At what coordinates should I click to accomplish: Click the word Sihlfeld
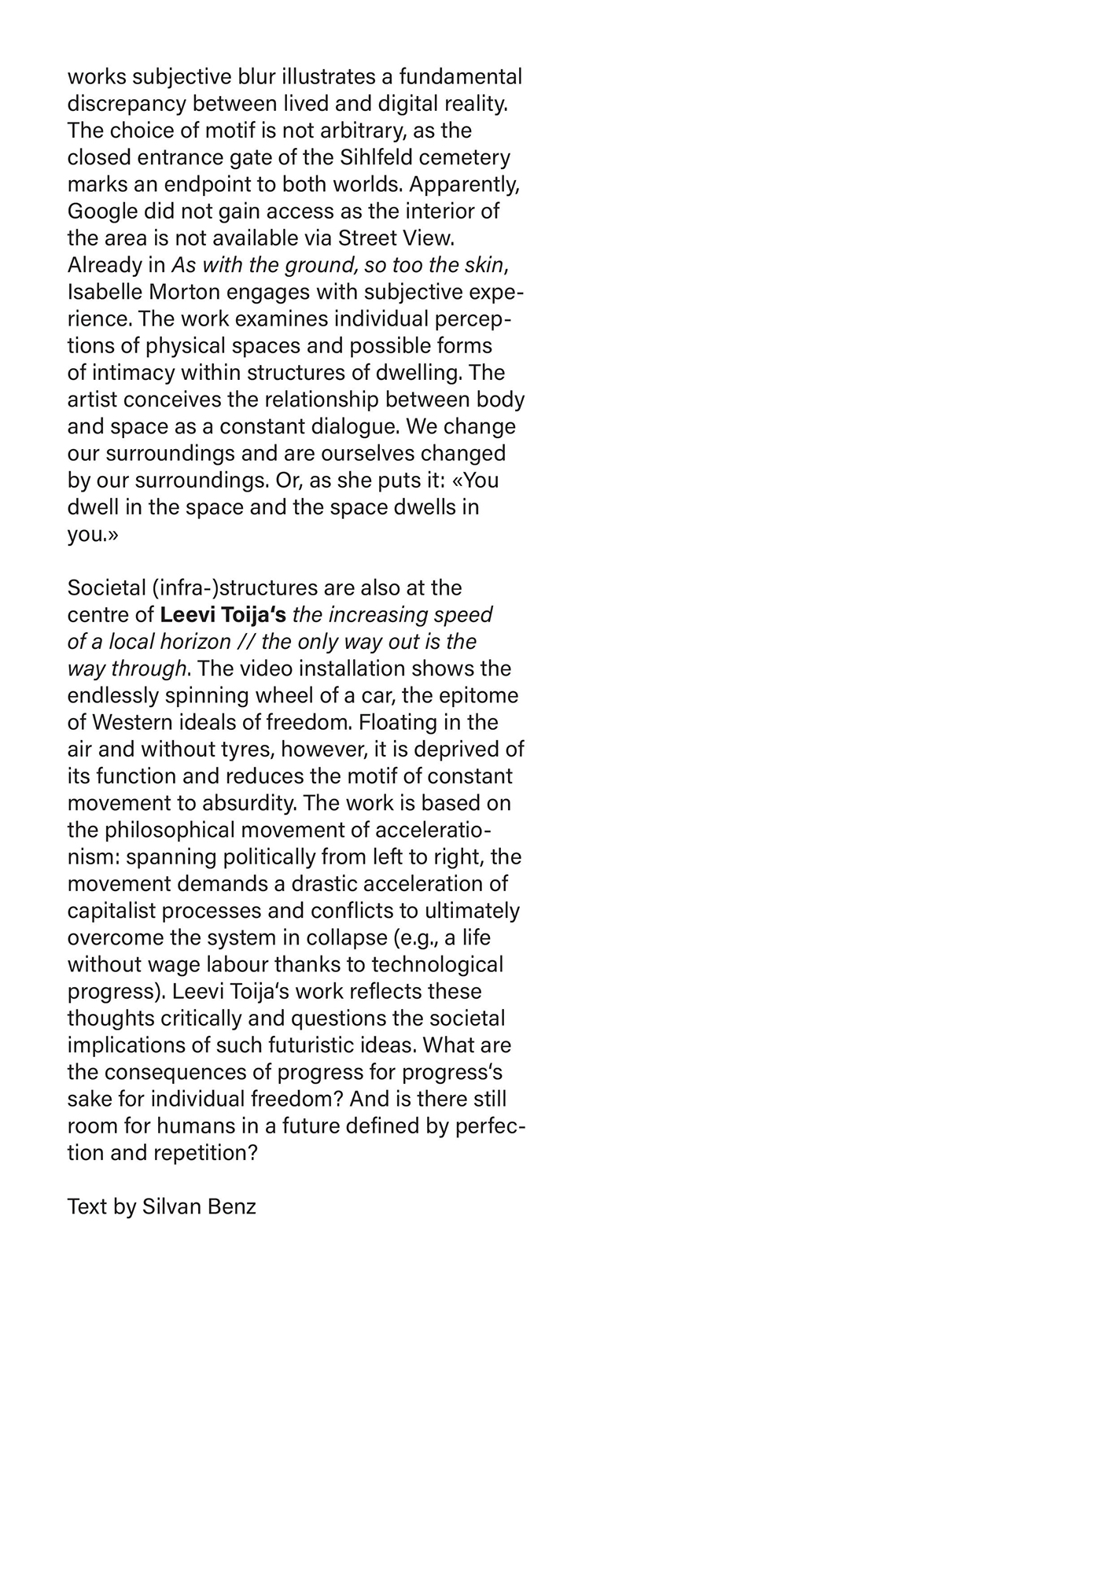coord(374,157)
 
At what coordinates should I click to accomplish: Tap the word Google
coord(99,212)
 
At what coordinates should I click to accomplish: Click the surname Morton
coord(184,292)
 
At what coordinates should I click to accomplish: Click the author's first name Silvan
coord(171,1206)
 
